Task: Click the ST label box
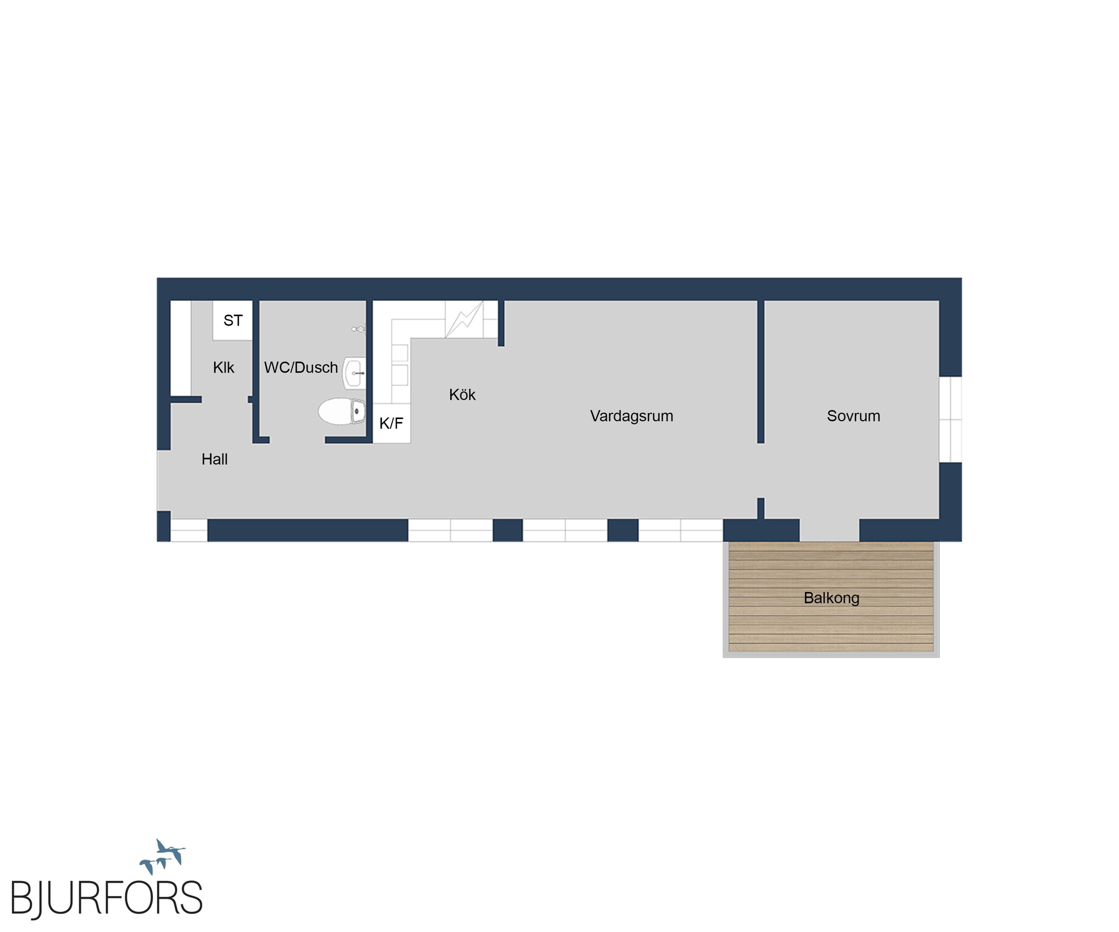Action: point(232,320)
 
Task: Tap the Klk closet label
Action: point(223,367)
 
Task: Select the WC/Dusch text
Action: point(301,367)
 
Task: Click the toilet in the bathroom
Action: point(342,411)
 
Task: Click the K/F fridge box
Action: point(391,423)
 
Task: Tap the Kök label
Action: point(462,395)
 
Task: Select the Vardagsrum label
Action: point(632,416)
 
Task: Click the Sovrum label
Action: point(853,416)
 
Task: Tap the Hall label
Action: point(214,459)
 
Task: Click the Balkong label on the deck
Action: point(831,598)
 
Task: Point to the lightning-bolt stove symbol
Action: point(464,319)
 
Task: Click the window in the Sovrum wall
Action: point(950,419)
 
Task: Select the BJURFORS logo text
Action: point(107,898)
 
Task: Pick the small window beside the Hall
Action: point(188,530)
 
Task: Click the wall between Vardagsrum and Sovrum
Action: point(761,372)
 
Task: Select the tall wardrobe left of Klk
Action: point(181,348)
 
